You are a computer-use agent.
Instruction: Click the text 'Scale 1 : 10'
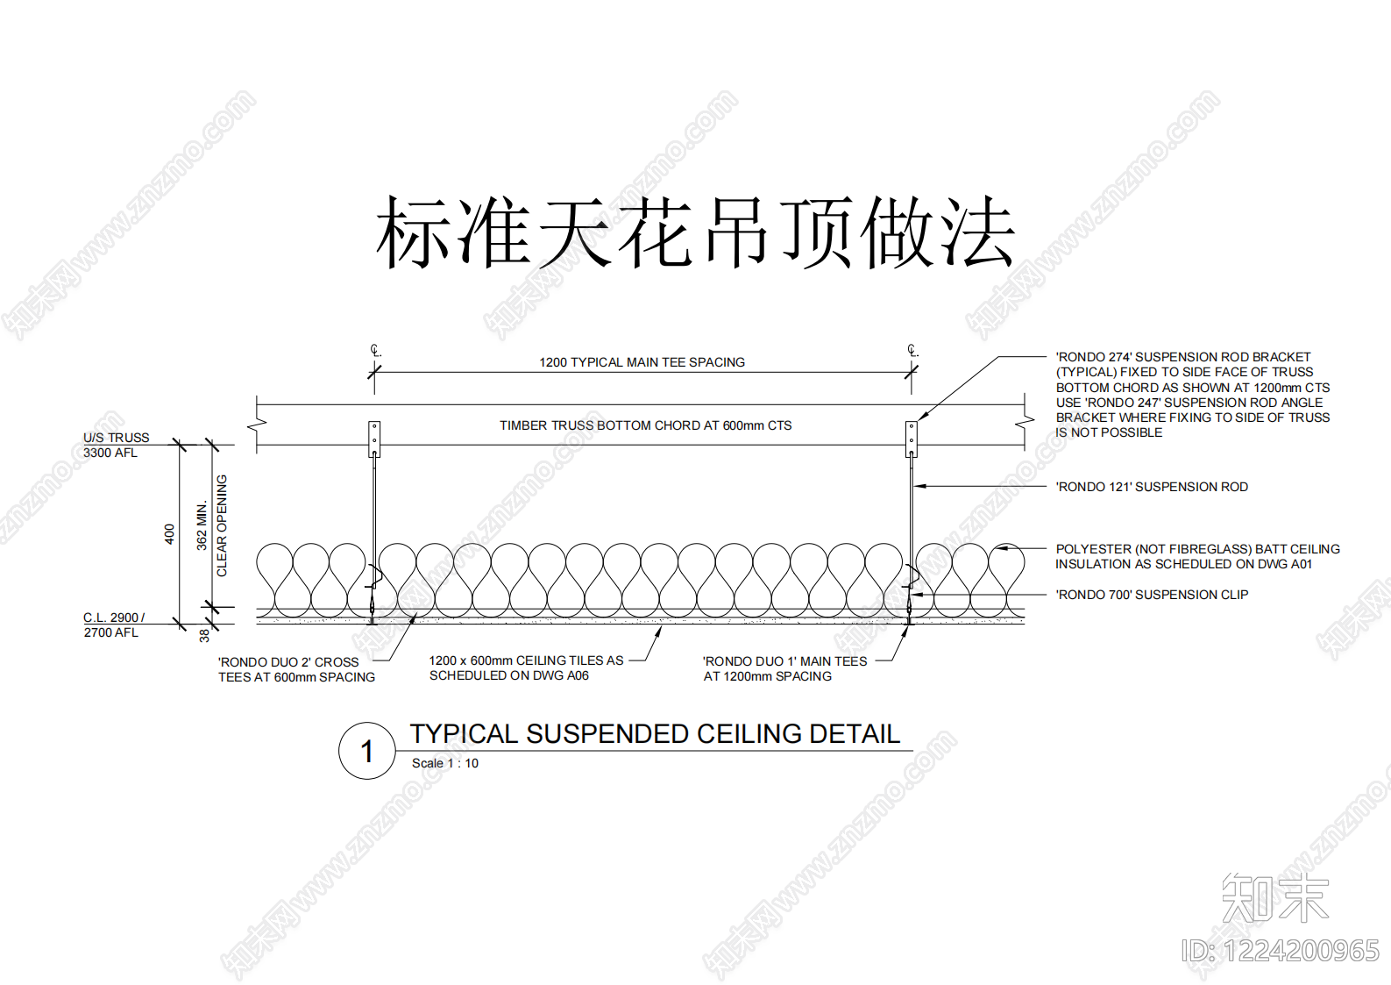pyautogui.click(x=445, y=763)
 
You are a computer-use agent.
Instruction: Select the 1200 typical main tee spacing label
pyautogui.click(x=642, y=362)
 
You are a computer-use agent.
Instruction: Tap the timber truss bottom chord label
pyautogui.click(x=646, y=425)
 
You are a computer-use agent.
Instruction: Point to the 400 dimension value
pyautogui.click(x=169, y=534)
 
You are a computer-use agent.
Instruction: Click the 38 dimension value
pyautogui.click(x=204, y=636)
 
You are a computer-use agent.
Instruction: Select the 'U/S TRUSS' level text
pyautogui.click(x=116, y=438)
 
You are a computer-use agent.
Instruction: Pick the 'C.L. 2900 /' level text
pyautogui.click(x=114, y=617)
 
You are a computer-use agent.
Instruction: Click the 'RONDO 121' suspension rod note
pyautogui.click(x=1152, y=487)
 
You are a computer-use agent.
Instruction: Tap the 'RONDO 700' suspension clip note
pyautogui.click(x=1152, y=595)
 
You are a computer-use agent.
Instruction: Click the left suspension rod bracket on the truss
pyautogui.click(x=374, y=439)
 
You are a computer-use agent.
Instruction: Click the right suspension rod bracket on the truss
pyautogui.click(x=911, y=439)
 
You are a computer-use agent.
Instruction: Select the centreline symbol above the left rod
pyautogui.click(x=376, y=351)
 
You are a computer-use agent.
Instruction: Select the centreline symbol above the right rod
pyautogui.click(x=912, y=351)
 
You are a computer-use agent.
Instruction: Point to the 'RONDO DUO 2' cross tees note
pyautogui.click(x=297, y=670)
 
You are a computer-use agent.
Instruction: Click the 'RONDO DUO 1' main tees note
pyautogui.click(x=785, y=668)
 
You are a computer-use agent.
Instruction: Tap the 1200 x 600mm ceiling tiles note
pyautogui.click(x=526, y=668)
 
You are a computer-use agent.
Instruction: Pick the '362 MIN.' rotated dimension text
pyautogui.click(x=202, y=525)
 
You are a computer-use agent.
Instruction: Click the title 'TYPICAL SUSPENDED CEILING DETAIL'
pyautogui.click(x=655, y=734)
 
